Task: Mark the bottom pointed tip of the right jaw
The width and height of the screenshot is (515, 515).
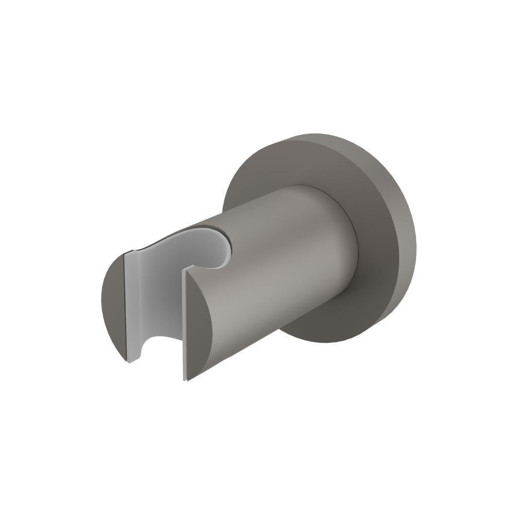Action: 185,380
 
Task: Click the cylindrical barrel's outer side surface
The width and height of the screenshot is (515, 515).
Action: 278,257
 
